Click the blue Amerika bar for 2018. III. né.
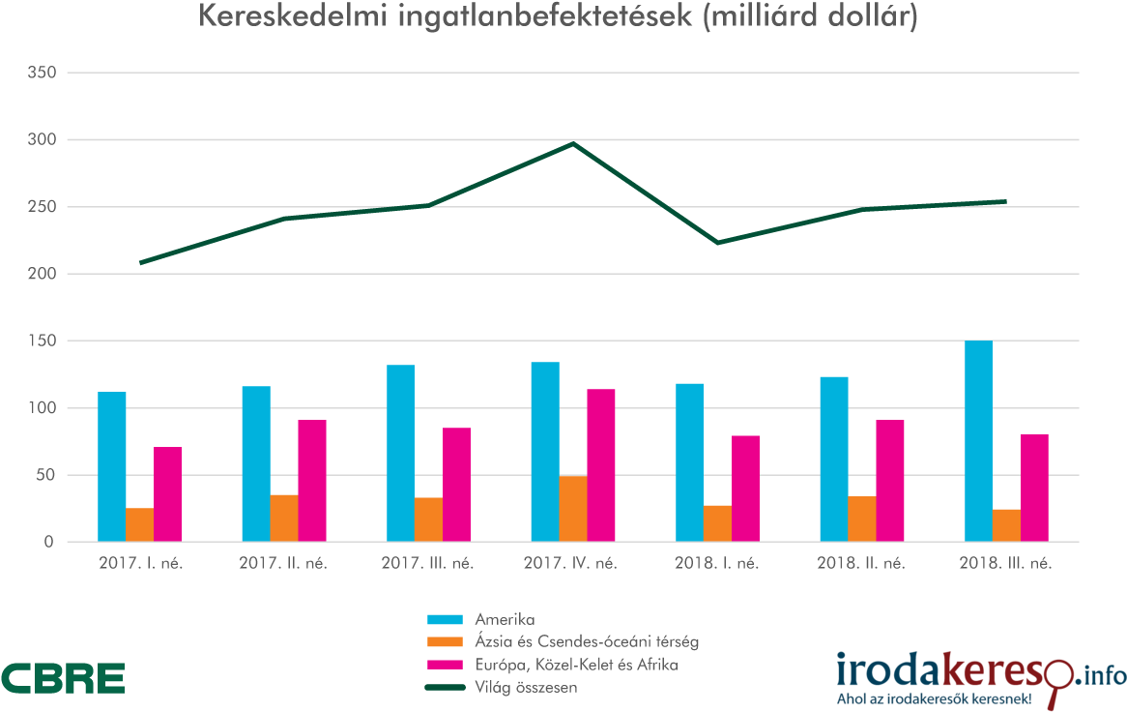978,441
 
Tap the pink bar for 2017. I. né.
167,494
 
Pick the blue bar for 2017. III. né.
400,453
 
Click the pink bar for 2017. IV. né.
601,465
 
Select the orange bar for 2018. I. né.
717,523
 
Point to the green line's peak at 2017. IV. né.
573,144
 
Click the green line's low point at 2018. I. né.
717,243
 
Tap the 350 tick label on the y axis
41,74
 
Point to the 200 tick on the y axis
41,275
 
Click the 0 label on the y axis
47,543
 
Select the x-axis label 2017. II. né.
283,563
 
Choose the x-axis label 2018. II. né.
861,563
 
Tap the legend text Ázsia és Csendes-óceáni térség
587,641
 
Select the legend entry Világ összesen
526,688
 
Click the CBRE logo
63,678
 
